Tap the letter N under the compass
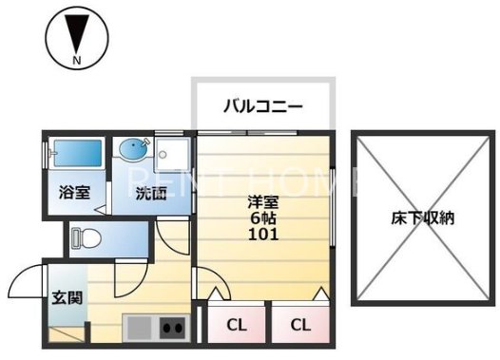73,63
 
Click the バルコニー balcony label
262,105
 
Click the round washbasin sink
131,150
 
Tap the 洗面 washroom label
150,195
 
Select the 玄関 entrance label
67,298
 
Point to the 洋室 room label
264,200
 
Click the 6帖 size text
264,218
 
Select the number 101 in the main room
264,235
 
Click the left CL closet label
237,325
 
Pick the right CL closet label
300,325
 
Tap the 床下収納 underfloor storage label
422,218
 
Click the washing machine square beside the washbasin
174,152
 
